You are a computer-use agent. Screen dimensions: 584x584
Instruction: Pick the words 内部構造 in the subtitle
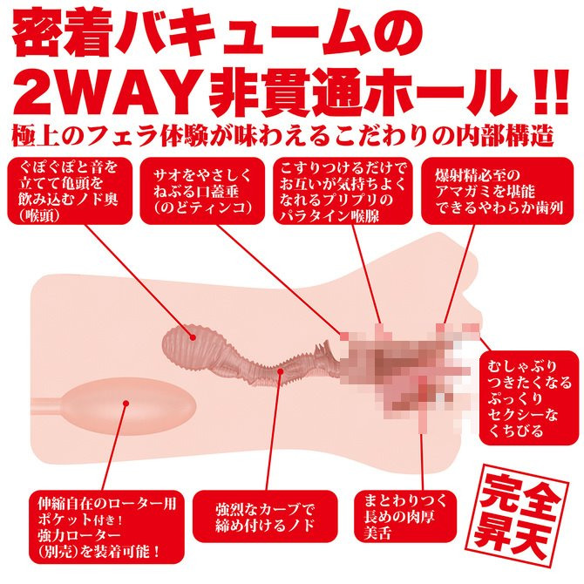coord(506,137)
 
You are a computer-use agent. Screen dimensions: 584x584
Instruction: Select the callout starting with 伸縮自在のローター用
coord(96,529)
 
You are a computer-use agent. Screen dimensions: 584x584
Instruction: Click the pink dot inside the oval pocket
coord(127,403)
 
